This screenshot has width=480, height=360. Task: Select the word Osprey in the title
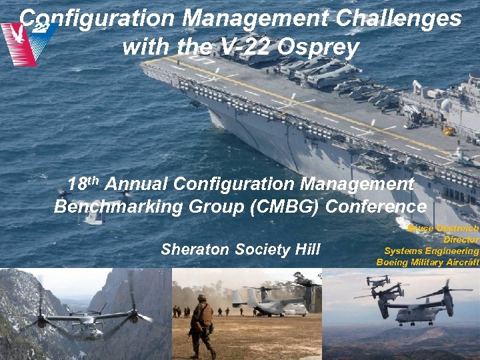(x=322, y=47)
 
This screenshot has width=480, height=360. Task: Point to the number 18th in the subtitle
(x=83, y=183)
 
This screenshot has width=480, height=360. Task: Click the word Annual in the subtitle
(x=137, y=183)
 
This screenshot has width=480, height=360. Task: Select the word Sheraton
(x=193, y=249)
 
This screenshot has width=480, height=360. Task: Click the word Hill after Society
(x=305, y=249)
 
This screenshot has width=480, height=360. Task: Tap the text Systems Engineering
(x=431, y=251)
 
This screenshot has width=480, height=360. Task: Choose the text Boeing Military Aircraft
(x=427, y=262)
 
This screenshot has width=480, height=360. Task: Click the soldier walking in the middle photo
(x=201, y=323)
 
